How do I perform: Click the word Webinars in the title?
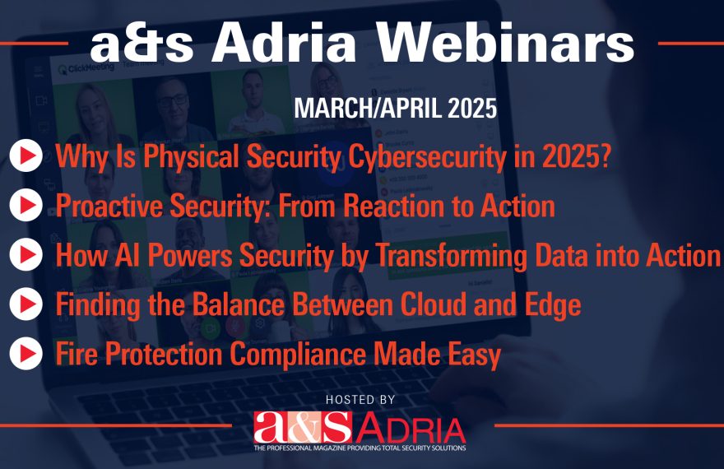point(506,42)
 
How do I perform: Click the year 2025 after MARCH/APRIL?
point(472,108)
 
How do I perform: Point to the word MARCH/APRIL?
point(368,108)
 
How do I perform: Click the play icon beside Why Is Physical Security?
point(26,156)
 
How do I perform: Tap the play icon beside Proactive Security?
point(26,205)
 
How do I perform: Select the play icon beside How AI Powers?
point(26,254)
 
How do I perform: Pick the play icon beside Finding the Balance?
point(26,304)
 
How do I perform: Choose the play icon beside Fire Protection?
point(26,353)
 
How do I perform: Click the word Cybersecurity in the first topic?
point(427,157)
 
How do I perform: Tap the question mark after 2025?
point(604,156)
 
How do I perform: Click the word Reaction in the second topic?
point(395,206)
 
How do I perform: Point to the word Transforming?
point(452,256)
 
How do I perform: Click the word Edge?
point(553,305)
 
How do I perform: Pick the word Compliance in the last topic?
point(299,355)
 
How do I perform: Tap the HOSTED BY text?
point(360,400)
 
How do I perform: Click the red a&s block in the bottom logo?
point(303,428)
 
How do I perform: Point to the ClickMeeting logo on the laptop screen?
point(86,69)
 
